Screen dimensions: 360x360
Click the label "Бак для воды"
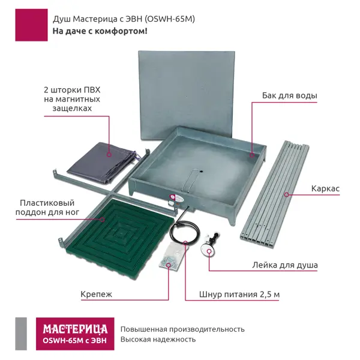tap(290, 95)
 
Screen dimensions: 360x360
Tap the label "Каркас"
tap(325, 189)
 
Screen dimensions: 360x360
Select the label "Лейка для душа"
tap(285, 265)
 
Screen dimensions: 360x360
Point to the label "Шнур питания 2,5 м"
tap(239, 295)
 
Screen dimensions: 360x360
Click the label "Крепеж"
tap(96, 294)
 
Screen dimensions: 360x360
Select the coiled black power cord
tap(182, 232)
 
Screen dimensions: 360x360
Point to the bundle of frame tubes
tap(275, 194)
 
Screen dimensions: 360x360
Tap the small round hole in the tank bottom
tap(202, 171)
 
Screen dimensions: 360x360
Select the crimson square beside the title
tap(31, 25)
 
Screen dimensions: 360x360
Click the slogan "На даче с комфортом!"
tap(100, 31)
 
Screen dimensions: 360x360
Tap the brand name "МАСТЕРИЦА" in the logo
tap(75, 329)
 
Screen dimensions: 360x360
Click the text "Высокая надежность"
tap(158, 340)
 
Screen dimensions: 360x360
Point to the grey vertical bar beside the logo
tap(21, 334)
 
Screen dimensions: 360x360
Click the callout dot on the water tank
tap(252, 155)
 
